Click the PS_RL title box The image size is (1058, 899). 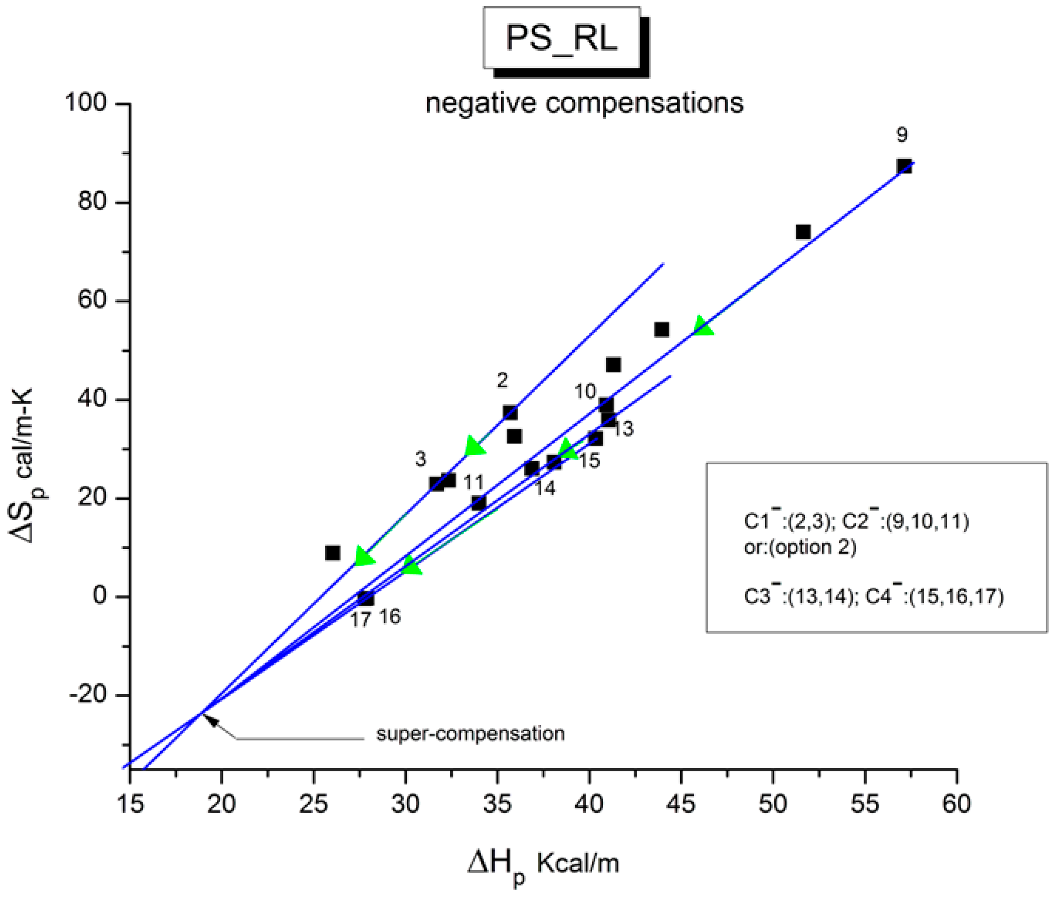(x=561, y=38)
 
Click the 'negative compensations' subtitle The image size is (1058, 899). (x=584, y=103)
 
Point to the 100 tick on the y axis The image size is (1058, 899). (x=86, y=103)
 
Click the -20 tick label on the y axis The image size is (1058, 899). (x=88, y=695)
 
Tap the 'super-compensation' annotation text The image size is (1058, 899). (x=470, y=734)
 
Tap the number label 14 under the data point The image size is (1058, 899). (x=544, y=488)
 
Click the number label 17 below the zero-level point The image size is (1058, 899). (x=360, y=620)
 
